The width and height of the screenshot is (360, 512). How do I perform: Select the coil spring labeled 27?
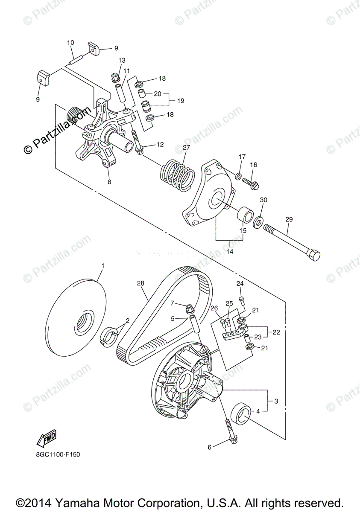click(x=176, y=173)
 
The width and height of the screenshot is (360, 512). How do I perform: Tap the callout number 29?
click(x=289, y=219)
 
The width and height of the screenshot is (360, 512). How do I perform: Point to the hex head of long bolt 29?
click(x=313, y=255)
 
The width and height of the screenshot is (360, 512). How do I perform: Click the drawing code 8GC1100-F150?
click(x=58, y=454)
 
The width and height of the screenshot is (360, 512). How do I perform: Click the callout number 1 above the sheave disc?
click(x=102, y=266)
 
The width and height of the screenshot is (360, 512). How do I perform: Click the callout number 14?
click(x=230, y=252)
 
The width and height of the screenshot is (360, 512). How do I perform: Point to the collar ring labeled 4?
click(x=242, y=413)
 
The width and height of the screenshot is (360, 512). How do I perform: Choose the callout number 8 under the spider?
click(x=109, y=182)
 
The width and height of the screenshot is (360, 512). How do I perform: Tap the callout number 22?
click(x=276, y=332)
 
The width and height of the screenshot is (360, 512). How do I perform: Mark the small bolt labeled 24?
click(x=241, y=301)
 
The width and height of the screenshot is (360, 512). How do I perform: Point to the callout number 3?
click(x=276, y=401)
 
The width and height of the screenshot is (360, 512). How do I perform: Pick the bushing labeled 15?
click(x=245, y=214)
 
